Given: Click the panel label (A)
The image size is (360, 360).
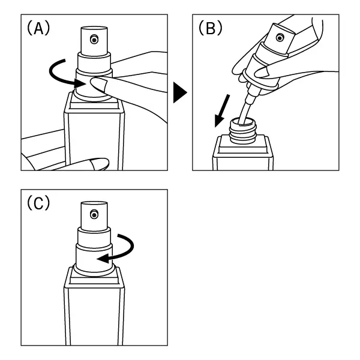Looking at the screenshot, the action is (x=38, y=28).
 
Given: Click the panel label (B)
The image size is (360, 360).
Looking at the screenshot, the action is (x=211, y=28).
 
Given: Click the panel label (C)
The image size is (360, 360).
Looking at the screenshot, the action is (x=38, y=203).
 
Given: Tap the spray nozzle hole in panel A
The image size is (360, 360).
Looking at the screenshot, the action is (x=94, y=40).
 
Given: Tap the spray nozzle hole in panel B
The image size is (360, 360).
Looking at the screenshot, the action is (x=280, y=37).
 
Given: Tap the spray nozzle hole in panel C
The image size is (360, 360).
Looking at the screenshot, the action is (x=94, y=215).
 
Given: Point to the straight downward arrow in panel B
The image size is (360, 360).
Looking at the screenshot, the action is (x=222, y=110).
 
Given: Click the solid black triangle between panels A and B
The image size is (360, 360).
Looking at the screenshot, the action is (x=179, y=92).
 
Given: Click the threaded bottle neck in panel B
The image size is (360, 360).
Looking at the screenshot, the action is (x=243, y=131).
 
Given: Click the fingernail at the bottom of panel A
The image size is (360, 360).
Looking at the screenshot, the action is (x=99, y=164).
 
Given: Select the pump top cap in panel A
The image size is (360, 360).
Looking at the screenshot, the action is (x=94, y=41).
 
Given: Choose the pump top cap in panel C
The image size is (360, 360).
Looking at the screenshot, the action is (x=94, y=216).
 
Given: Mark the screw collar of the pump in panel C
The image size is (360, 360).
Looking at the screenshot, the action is (x=94, y=259).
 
